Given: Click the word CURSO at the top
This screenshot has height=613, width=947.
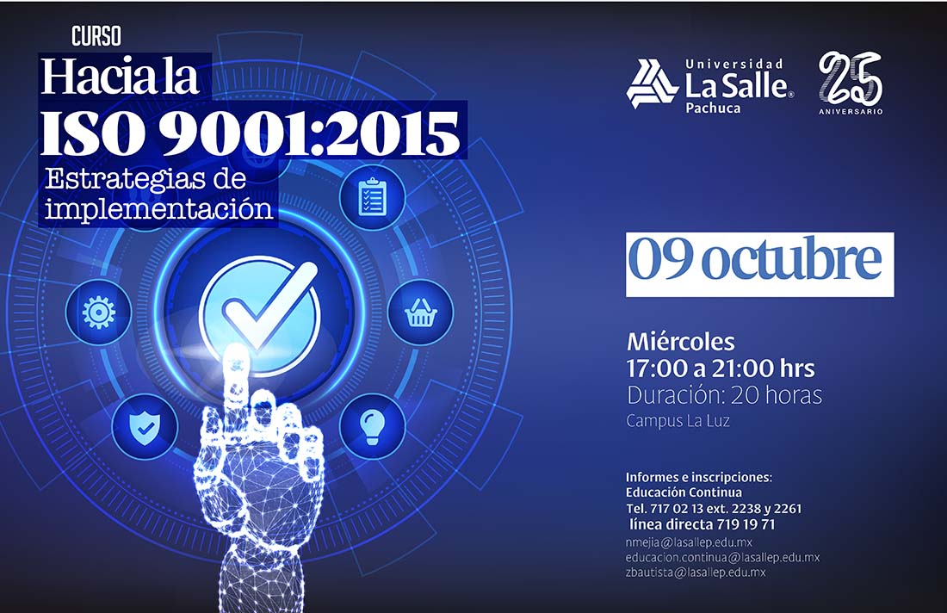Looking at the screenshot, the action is [96, 36].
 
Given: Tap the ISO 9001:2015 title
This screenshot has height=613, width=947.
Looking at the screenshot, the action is [250, 133].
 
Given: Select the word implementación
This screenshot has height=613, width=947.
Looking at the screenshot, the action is [159, 209].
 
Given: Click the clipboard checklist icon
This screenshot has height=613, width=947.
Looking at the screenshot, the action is [372, 197].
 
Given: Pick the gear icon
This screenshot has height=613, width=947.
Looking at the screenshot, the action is [98, 313].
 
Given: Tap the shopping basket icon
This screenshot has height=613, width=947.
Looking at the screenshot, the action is [420, 313].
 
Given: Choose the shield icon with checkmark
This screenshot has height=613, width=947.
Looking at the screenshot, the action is [145, 427].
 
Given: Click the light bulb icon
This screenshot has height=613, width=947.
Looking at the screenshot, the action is [372, 426].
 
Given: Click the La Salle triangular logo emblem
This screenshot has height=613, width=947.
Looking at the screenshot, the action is [651, 84].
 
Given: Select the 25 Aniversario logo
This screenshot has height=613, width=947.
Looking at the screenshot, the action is [851, 83].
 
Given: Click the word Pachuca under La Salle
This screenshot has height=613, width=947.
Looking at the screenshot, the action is [713, 108].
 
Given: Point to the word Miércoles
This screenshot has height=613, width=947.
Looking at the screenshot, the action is [681, 342].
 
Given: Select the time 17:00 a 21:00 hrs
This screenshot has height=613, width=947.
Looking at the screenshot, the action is [721, 368].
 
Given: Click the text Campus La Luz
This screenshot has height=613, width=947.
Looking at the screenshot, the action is [678, 420].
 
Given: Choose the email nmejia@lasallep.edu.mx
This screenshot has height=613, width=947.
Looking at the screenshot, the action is [689, 542].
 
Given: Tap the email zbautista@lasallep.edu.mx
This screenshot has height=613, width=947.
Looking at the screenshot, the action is [696, 572].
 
